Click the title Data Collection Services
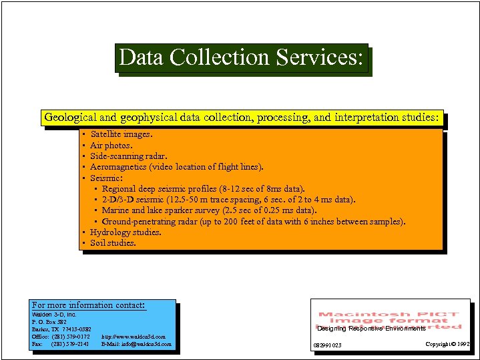pyautogui.click(x=242, y=59)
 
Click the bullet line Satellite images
pyautogui.click(x=121, y=134)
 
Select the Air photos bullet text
pyautogui.click(x=111, y=145)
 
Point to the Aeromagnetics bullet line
pyautogui.click(x=176, y=167)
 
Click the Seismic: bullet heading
pyautogui.click(x=106, y=178)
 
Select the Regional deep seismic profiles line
pyautogui.click(x=203, y=189)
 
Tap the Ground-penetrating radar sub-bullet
pyautogui.click(x=253, y=222)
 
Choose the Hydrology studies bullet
pyautogui.click(x=126, y=232)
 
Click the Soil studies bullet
pyautogui.click(x=113, y=243)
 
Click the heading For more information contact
pyautogui.click(x=88, y=305)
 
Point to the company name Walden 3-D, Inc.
pyautogui.click(x=54, y=314)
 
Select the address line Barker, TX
pyautogui.click(x=61, y=329)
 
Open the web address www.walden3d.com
pyautogui.click(x=134, y=337)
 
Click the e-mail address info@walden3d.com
pyautogui.click(x=136, y=345)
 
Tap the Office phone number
pyautogui.click(x=61, y=337)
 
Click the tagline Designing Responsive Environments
pyautogui.click(x=371, y=329)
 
